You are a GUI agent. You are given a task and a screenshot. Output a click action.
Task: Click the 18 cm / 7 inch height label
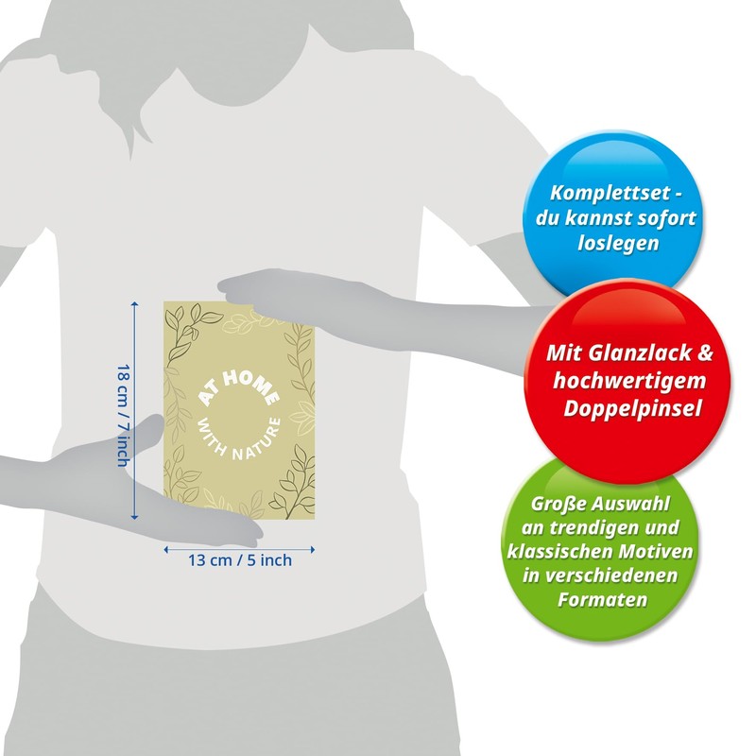point(122,415)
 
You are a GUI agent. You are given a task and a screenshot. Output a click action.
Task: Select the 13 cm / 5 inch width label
point(240,560)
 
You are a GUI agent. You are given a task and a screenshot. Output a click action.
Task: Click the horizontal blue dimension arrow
point(239,546)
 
